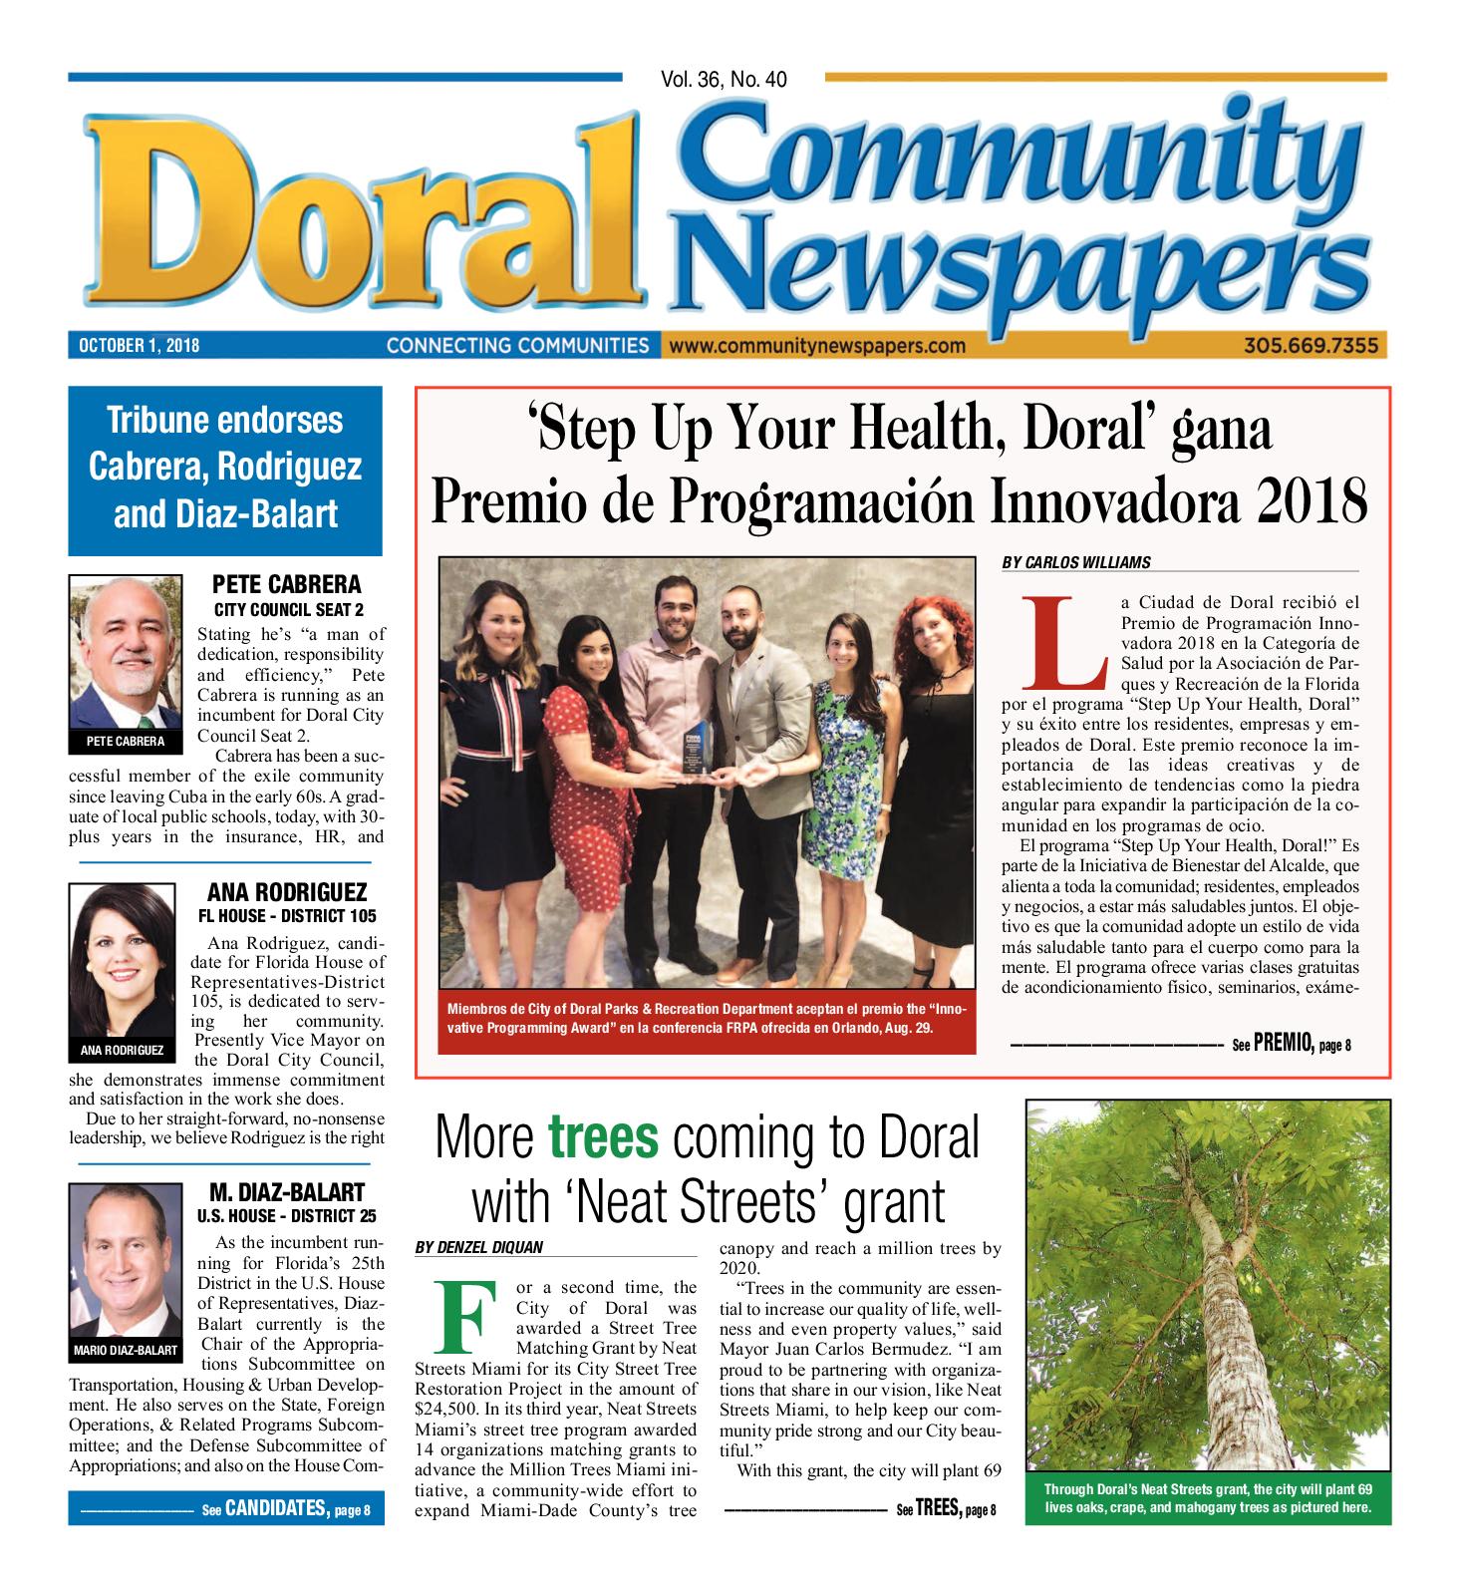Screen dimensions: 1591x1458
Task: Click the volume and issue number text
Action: pos(723,79)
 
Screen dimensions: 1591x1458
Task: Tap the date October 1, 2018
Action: pos(139,346)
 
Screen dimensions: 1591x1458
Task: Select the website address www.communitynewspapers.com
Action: pos(817,346)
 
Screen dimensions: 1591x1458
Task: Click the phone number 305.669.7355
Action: pos(1310,346)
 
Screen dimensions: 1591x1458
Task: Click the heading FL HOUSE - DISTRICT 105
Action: pos(287,915)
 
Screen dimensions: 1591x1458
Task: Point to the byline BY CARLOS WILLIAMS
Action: pos(1075,562)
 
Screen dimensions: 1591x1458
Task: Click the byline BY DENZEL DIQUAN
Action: pos(479,1247)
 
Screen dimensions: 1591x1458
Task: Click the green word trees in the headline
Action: pos(604,1137)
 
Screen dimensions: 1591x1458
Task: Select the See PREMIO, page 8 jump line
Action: pos(1291,1045)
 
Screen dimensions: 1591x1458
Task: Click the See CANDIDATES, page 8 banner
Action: pos(285,1509)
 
